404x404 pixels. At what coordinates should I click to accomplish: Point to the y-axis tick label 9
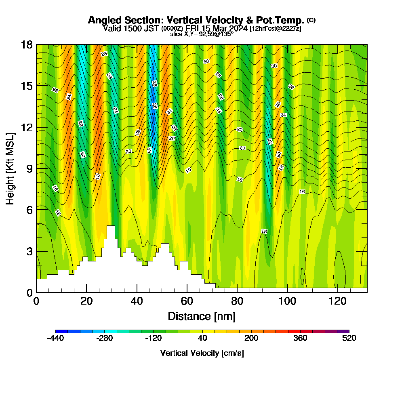(x=29, y=168)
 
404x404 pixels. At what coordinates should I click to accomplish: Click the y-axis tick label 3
(x=29, y=251)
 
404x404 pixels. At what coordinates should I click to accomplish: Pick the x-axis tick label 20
(x=86, y=301)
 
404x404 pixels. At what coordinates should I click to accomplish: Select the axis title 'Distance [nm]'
(x=202, y=316)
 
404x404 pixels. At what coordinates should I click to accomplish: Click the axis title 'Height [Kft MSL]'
(x=10, y=168)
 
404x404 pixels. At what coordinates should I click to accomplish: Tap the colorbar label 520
(x=349, y=339)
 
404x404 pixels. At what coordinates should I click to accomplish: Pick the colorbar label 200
(x=251, y=339)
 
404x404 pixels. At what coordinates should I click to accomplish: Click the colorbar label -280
(x=104, y=339)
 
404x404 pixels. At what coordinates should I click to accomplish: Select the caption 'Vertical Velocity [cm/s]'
(x=202, y=353)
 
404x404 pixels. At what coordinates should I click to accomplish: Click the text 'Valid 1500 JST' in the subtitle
(x=131, y=28)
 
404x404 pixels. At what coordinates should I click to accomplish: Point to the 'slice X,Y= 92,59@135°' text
(x=202, y=34)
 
